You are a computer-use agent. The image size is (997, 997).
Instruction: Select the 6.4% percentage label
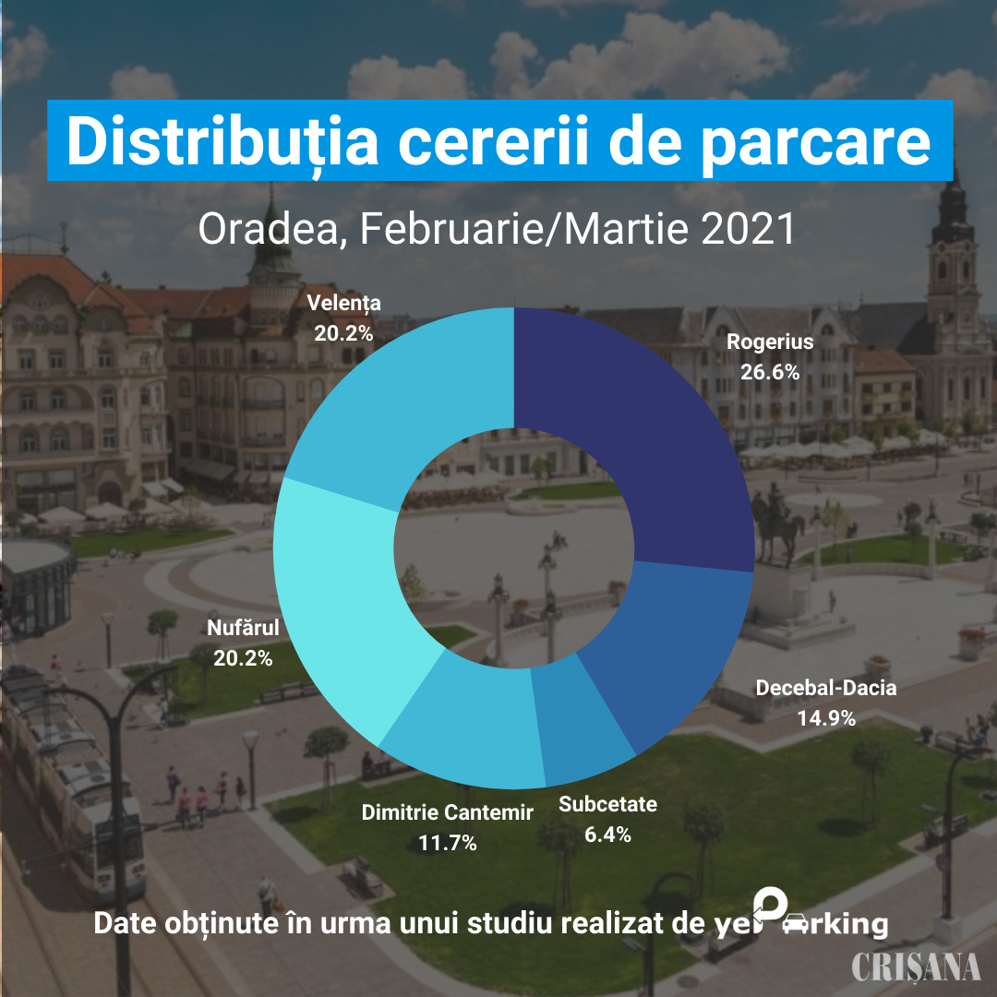(607, 835)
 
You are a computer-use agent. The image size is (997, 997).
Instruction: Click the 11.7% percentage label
(447, 842)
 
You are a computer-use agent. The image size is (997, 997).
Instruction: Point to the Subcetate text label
(607, 804)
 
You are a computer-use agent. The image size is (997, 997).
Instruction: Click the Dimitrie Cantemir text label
(447, 812)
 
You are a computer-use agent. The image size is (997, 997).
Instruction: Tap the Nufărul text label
(243, 629)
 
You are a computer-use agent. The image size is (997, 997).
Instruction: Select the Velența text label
(343, 303)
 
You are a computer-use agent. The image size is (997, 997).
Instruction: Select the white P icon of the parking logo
(771, 904)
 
